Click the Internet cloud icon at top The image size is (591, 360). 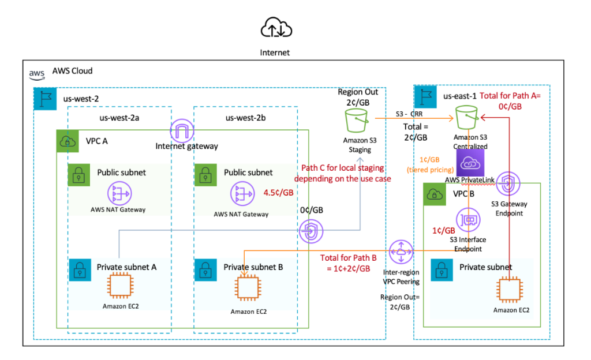(x=275, y=28)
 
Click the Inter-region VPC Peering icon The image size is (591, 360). (x=401, y=250)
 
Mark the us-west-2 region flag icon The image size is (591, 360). (x=44, y=98)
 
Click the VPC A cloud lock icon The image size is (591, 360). (x=67, y=141)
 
